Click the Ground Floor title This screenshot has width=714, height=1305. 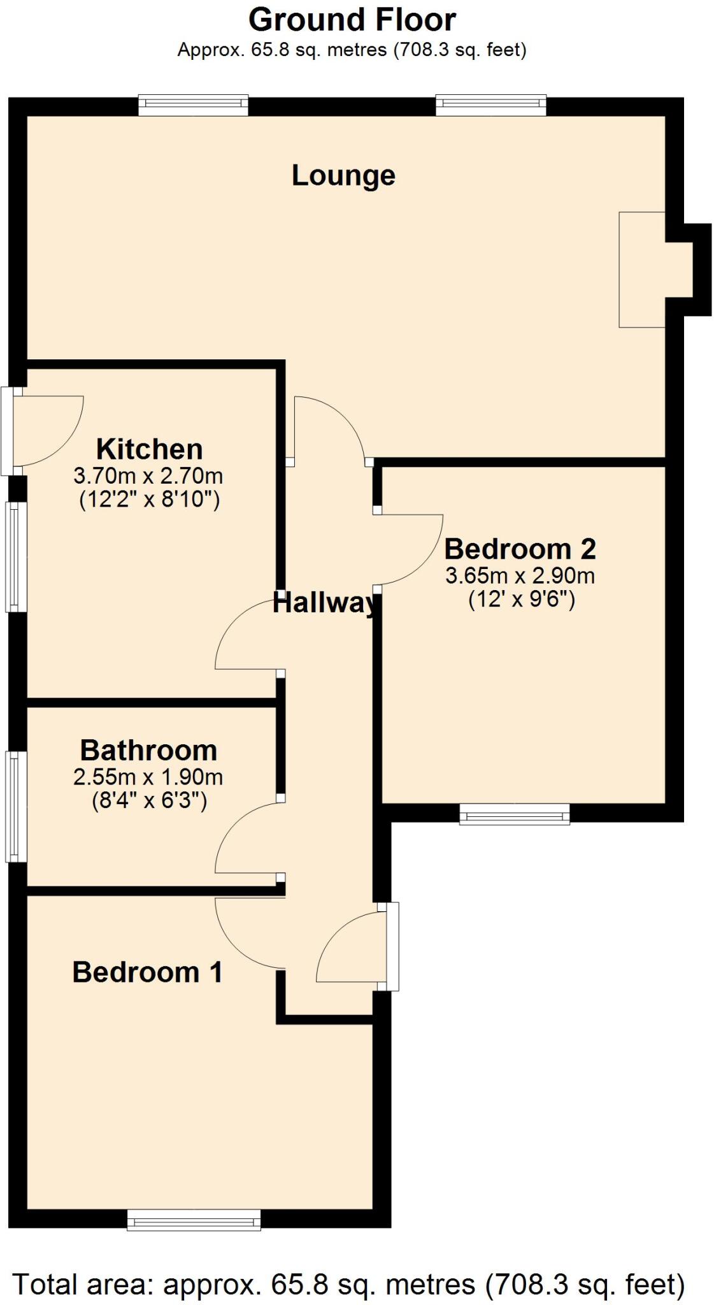coord(352,20)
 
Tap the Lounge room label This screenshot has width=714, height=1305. coord(343,176)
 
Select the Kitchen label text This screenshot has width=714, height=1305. coord(149,449)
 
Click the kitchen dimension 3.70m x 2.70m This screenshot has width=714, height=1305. coord(148,475)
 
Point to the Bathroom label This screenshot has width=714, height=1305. coord(148,751)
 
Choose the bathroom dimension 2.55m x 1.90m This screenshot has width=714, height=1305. coord(148,777)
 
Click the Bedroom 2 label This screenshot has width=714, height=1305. coord(520,549)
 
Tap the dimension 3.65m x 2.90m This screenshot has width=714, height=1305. coord(520,575)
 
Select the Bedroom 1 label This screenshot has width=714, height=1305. coord(147,972)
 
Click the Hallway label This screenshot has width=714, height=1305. coord(325,603)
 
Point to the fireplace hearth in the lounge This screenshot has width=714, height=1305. coord(642,270)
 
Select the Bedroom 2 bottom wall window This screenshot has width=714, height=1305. coord(514,814)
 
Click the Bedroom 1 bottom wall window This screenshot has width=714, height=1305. coord(194,1220)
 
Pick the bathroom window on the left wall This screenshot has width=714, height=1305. coord(17,806)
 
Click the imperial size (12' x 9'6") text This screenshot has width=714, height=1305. coord(521,600)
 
